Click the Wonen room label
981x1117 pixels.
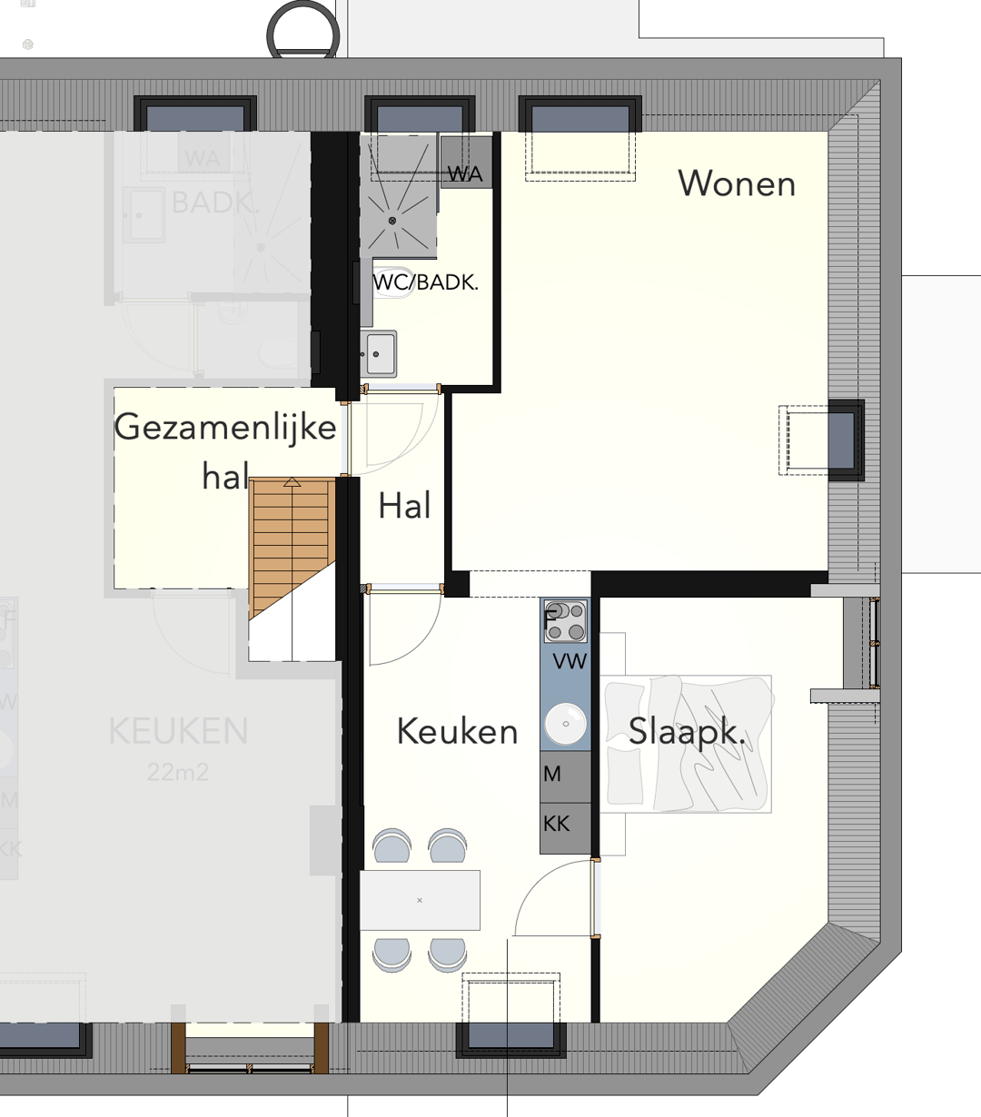(x=737, y=184)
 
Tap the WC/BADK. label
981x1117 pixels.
(x=425, y=282)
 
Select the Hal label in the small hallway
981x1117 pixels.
(x=404, y=507)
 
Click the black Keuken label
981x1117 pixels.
(x=457, y=731)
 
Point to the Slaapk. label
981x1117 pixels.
(x=687, y=731)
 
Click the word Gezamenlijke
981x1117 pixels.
(x=225, y=428)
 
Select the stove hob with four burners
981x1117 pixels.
(x=565, y=621)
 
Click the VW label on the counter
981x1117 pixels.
(x=570, y=662)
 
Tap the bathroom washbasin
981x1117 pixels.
(x=379, y=352)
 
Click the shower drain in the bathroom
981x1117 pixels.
(x=392, y=221)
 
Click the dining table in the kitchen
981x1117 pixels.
(x=420, y=900)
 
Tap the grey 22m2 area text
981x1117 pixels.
(x=178, y=773)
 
